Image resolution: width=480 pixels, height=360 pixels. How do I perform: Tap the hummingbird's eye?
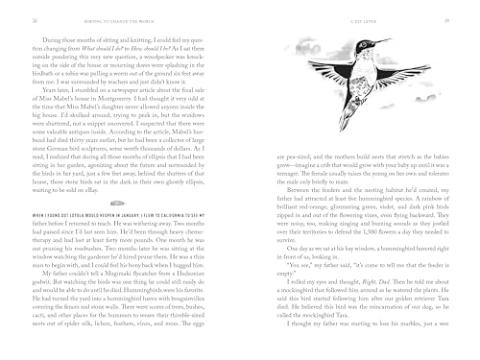click(x=365, y=52)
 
